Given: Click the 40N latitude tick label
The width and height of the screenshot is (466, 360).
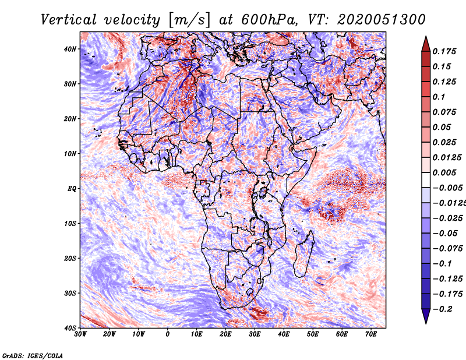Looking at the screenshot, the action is point(70,49).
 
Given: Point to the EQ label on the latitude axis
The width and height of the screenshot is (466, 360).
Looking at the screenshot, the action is point(72,189).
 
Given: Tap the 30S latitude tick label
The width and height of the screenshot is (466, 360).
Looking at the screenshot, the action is point(70,294).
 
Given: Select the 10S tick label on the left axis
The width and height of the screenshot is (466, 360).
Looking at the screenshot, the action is point(70,224).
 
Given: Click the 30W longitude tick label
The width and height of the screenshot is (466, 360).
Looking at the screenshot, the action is point(80,334).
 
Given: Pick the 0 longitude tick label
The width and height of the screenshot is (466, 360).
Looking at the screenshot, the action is point(168,334).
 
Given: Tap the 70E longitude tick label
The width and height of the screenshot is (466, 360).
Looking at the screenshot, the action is point(371,334).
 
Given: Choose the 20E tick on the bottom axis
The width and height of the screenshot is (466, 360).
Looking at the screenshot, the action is point(225,334).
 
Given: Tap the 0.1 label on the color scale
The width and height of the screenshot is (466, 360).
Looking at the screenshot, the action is point(439,97).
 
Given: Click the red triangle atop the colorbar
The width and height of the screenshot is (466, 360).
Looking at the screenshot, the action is point(426,45).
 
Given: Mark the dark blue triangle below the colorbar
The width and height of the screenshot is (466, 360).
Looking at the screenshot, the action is point(426,316).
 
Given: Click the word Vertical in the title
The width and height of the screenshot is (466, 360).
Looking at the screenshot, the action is point(68,20).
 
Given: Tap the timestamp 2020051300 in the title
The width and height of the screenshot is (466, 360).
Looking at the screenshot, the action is point(382,20).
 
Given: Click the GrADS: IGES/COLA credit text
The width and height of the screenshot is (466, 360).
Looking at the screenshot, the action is point(33,355).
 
